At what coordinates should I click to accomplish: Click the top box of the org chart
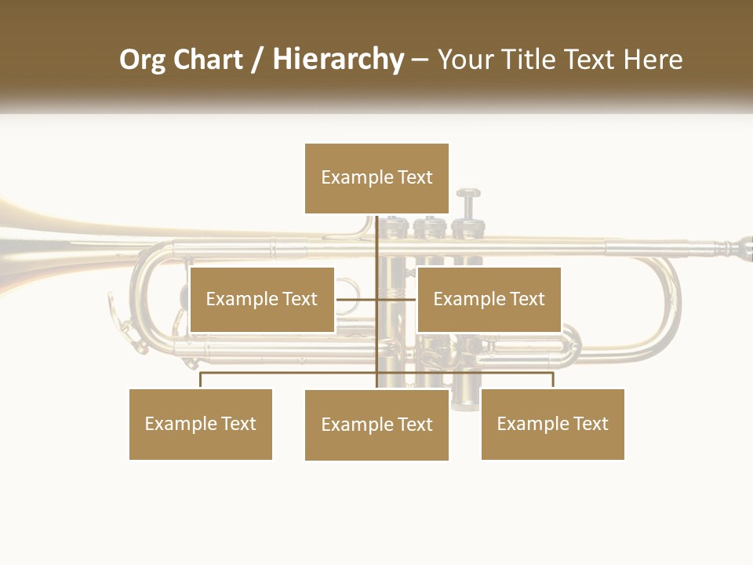pyautogui.click(x=376, y=178)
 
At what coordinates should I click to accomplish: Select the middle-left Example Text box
pyautogui.click(x=262, y=299)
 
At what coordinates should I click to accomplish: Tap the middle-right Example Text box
pyautogui.click(x=489, y=299)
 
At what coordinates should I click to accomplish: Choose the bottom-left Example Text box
pyautogui.click(x=201, y=424)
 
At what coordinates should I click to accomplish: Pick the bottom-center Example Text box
pyautogui.click(x=376, y=425)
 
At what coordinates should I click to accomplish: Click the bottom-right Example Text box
pyautogui.click(x=552, y=424)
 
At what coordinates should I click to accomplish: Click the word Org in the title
pyautogui.click(x=141, y=60)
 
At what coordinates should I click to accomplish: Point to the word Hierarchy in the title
pyautogui.click(x=338, y=60)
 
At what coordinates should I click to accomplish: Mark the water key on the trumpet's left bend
pyautogui.click(x=129, y=330)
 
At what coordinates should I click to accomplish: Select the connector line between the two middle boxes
pyautogui.click(x=376, y=299)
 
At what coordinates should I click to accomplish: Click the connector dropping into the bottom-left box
pyautogui.click(x=201, y=380)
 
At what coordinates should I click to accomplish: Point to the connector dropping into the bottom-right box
pyautogui.click(x=552, y=380)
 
